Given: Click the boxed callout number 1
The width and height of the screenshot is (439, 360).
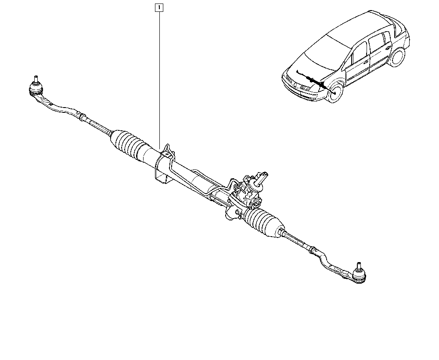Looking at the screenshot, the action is (x=159, y=7).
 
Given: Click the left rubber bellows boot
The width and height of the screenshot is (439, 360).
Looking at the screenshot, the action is (x=129, y=145).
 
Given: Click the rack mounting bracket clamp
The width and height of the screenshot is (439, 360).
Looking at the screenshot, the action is (x=164, y=165).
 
